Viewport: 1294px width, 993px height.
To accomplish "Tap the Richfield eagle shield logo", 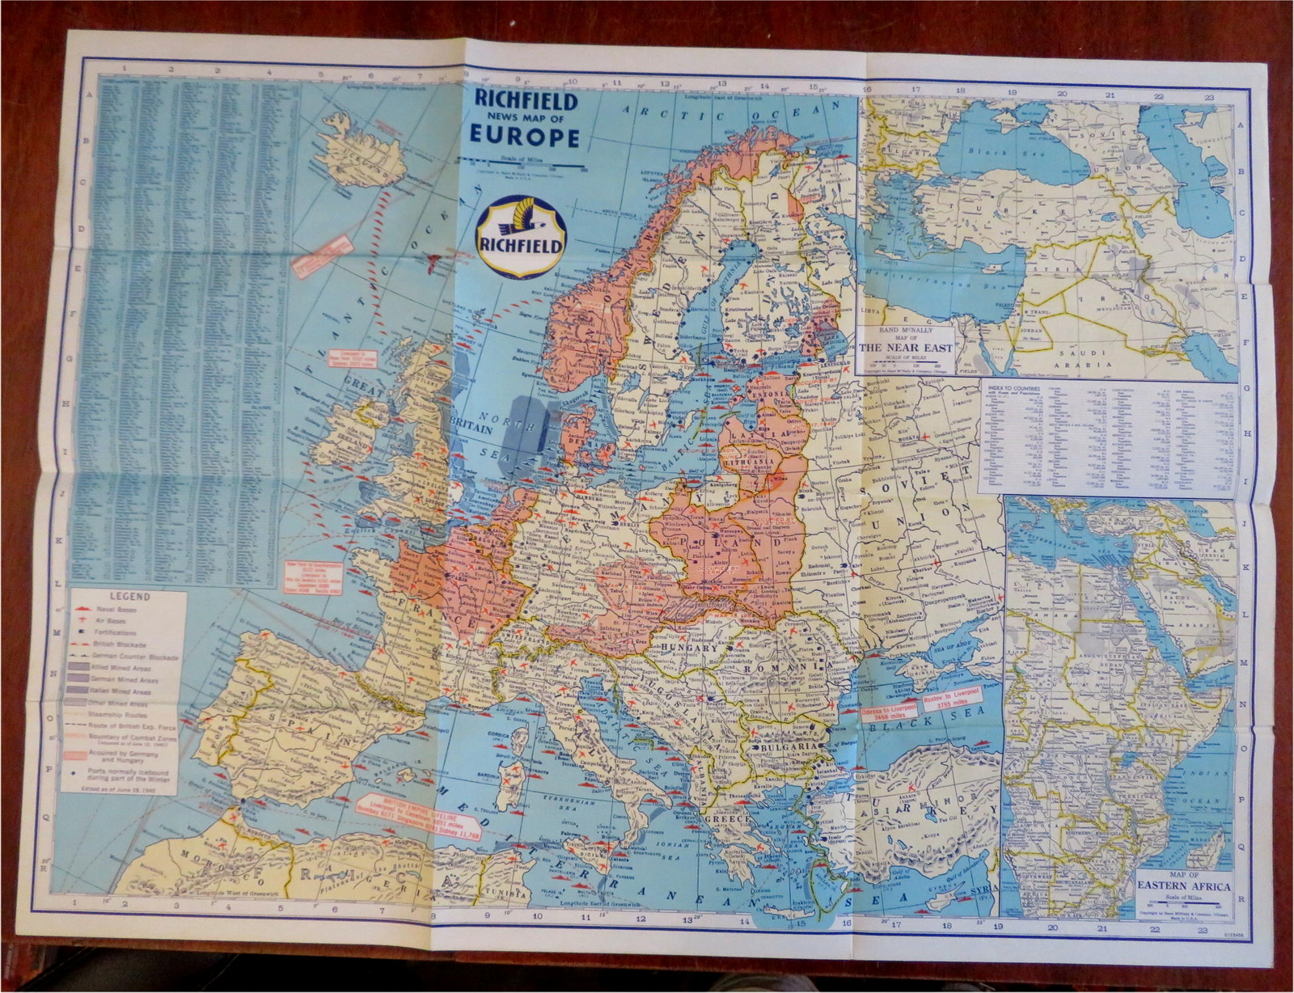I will (522, 237).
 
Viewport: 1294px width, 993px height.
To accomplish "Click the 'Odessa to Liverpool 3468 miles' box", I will (889, 708).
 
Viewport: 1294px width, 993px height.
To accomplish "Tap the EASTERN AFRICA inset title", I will (1184, 886).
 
